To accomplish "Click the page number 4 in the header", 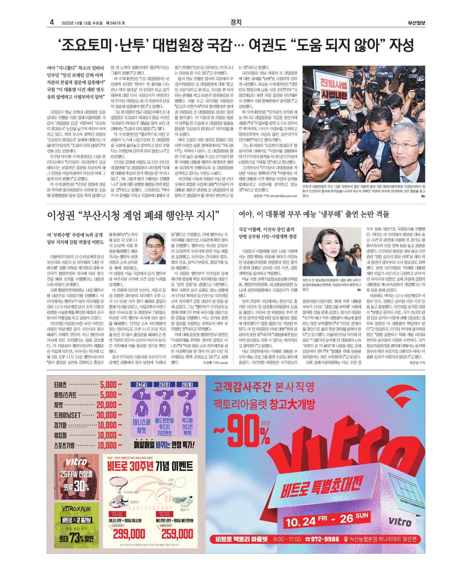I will pyautogui.click(x=52, y=22).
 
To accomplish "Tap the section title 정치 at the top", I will pyautogui.click(x=236, y=22).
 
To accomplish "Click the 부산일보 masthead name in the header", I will pyautogui.click(x=416, y=23).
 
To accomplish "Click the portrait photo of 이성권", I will pyautogui.click(x=155, y=248).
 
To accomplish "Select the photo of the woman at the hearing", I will pyautogui.click(x=331, y=252).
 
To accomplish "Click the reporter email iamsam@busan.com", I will pyautogui.click(x=284, y=196).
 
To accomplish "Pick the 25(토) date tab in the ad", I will pyautogui.click(x=164, y=385).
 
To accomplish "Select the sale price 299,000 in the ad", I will pyautogui.click(x=129, y=534).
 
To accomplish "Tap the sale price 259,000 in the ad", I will pyautogui.click(x=177, y=534).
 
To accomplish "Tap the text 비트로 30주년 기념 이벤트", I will pyautogui.click(x=150, y=467).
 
